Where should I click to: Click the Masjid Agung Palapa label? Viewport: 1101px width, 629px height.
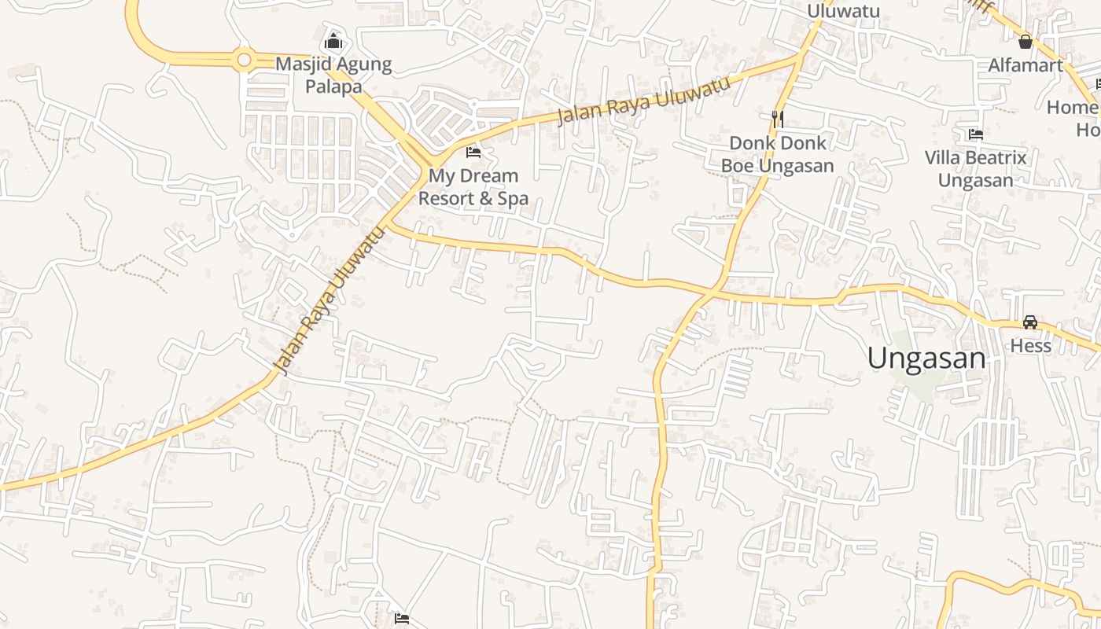[x=333, y=75]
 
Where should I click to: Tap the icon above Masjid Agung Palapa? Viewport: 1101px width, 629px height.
[x=333, y=40]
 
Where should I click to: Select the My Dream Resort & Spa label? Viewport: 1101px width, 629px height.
[x=473, y=187]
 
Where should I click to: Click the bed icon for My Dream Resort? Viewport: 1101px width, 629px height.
[x=473, y=152]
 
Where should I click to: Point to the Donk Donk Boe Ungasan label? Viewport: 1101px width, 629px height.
[x=777, y=154]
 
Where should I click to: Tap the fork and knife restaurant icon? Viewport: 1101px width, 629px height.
[x=777, y=119]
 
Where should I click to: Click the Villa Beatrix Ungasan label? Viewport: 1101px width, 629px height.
[x=975, y=169]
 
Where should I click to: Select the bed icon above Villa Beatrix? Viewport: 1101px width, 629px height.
[x=976, y=134]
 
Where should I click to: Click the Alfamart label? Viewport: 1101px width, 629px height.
[x=1025, y=65]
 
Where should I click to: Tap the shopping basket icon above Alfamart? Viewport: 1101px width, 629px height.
[x=1025, y=41]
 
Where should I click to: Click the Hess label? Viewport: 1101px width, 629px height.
[x=1030, y=346]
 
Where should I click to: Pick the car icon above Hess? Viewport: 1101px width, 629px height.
[x=1030, y=322]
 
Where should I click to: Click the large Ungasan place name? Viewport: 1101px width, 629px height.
[x=926, y=359]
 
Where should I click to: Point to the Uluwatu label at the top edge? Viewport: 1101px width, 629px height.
[x=843, y=10]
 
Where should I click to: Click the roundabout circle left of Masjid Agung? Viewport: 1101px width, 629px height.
[x=244, y=59]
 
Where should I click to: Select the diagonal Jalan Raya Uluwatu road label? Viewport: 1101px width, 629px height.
[x=329, y=300]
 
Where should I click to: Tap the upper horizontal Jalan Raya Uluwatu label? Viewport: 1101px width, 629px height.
[x=644, y=99]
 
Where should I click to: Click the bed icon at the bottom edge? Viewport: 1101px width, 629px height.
[x=402, y=619]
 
